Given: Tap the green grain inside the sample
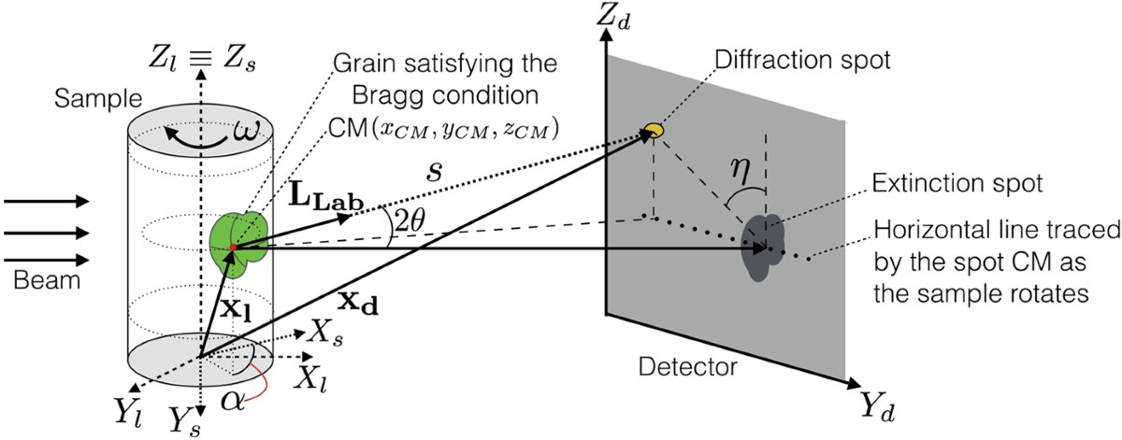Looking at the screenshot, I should tap(240, 242).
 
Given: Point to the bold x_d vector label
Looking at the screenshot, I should tap(352, 304).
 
